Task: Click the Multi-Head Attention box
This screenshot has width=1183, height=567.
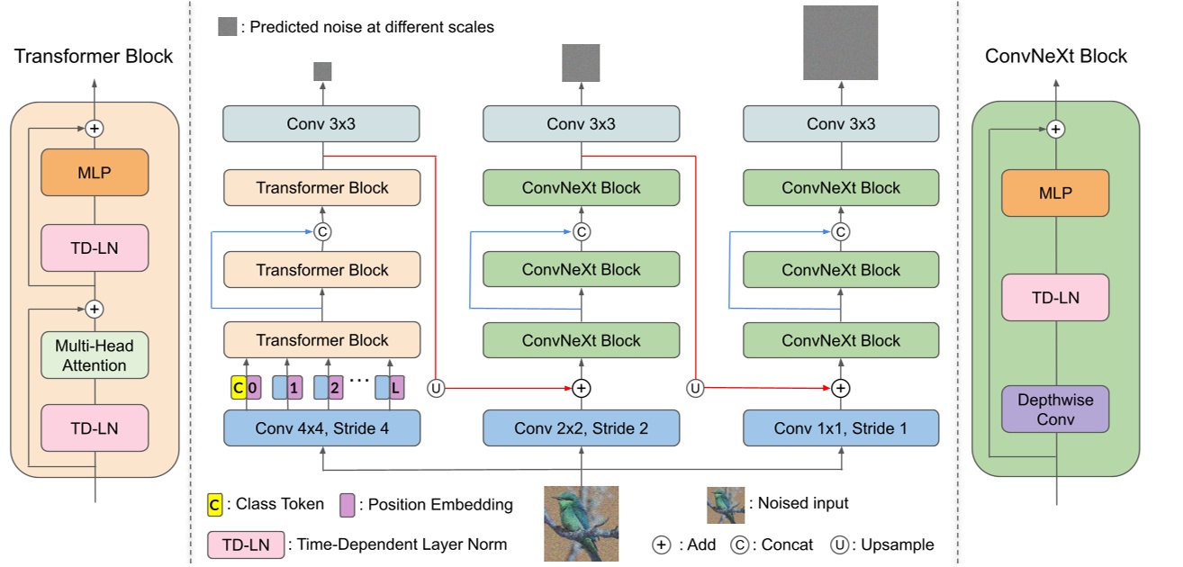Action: [x=94, y=355]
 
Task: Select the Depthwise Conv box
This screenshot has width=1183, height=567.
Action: [x=1056, y=409]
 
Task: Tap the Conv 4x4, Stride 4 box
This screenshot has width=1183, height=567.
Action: [x=321, y=427]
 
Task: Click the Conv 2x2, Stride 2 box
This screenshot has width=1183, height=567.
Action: [x=581, y=427]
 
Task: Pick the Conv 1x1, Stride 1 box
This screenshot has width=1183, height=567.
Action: [x=840, y=427]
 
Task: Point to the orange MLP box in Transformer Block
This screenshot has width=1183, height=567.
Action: [x=94, y=173]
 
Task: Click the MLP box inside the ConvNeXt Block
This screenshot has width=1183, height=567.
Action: [x=1056, y=193]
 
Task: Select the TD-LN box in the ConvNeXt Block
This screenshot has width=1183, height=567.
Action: [x=1056, y=298]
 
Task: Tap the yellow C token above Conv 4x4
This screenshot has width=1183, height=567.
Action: [x=238, y=388]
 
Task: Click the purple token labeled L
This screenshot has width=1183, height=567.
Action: [x=396, y=388]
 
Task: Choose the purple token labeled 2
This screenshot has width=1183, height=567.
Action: [x=335, y=388]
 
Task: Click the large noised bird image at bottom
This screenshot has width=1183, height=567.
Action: [x=581, y=524]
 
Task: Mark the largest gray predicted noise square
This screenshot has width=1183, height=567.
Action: [x=840, y=42]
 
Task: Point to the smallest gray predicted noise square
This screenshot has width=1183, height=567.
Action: [x=322, y=71]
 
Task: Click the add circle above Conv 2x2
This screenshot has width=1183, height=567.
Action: [x=581, y=388]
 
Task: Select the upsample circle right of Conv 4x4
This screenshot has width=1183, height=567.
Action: [x=436, y=388]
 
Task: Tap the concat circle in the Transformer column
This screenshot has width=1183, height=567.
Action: [x=322, y=232]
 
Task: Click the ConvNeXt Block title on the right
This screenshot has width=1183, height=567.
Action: [x=1056, y=56]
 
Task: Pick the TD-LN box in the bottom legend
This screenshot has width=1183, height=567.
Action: [x=246, y=544]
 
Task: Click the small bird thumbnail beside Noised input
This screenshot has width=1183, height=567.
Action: [x=725, y=505]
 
